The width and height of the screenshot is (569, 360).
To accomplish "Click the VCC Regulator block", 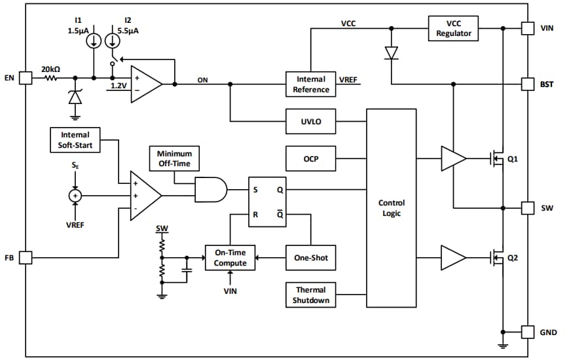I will click(x=453, y=28).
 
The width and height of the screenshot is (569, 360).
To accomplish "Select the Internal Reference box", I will click(x=310, y=84).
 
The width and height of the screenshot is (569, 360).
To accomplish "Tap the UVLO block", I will click(x=310, y=122).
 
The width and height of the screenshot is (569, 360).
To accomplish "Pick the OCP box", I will click(x=310, y=158).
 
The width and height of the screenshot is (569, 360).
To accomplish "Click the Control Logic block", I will click(x=391, y=208).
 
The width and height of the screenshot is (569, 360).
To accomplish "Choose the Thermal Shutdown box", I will click(x=310, y=295).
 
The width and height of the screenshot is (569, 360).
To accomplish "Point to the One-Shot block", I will click(x=310, y=258).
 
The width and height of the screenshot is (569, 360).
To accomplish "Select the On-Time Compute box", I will click(x=230, y=258).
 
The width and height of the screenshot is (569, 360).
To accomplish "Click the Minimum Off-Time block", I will click(x=174, y=158).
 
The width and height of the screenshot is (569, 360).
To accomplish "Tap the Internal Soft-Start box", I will click(x=75, y=141).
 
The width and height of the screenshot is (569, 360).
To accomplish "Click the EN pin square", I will click(x=24, y=78).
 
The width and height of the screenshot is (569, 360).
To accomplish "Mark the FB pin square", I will click(x=24, y=258).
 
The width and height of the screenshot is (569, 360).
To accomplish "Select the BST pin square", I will click(x=528, y=84).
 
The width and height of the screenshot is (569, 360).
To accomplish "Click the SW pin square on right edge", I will click(x=528, y=208).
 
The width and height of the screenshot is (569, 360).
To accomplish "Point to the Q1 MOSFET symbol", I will click(x=497, y=158).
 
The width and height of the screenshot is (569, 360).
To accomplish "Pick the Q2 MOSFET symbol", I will click(x=497, y=258).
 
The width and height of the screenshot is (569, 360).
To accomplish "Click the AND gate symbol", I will click(x=211, y=190).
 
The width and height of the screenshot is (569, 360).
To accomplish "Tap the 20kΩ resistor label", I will click(x=51, y=69).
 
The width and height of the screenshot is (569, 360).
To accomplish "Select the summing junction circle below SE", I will click(x=75, y=195).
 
